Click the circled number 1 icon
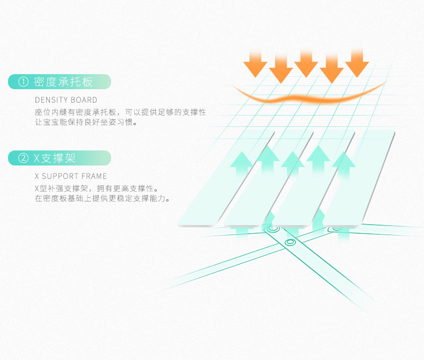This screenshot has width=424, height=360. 23,82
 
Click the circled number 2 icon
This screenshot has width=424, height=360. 23,158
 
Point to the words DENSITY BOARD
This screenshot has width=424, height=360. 66,100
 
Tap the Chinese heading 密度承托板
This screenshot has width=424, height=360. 63,82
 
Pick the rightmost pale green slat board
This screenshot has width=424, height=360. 365,177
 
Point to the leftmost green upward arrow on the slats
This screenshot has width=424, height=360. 241,163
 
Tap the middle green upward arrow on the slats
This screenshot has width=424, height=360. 293,163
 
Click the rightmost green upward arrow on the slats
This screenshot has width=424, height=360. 343,163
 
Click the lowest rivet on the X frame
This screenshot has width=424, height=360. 290,243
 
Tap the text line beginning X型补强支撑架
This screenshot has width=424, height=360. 96,189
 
